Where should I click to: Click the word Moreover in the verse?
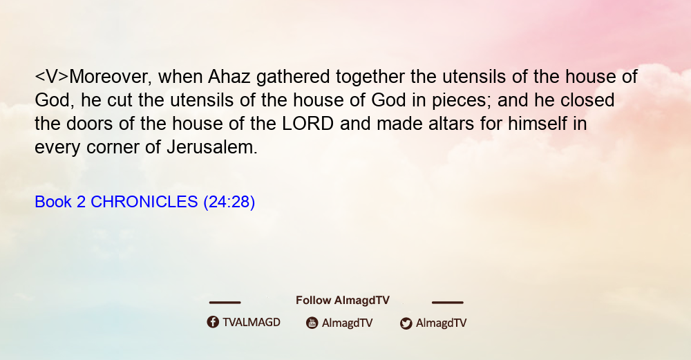110,77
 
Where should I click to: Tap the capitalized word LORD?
307,124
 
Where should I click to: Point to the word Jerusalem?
212,146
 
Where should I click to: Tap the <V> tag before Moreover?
52,77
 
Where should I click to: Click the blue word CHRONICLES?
144,202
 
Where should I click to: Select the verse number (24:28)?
229,202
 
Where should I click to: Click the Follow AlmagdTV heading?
343,301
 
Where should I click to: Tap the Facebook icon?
213,322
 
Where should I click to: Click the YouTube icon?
312,323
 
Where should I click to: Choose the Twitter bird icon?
406,323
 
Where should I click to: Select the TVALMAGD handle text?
252,323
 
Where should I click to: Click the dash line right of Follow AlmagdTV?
447,303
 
